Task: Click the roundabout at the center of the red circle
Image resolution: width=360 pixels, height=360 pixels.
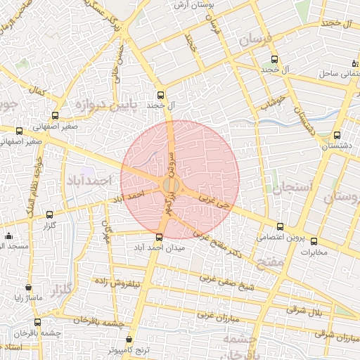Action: [x=170, y=186]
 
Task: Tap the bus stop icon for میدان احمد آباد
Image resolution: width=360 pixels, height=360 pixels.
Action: [x=158, y=237]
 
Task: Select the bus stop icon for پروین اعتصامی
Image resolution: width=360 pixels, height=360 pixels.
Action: [x=281, y=226]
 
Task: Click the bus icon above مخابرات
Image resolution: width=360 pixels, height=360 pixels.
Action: [x=313, y=239]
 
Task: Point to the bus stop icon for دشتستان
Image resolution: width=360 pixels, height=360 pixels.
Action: [x=336, y=135]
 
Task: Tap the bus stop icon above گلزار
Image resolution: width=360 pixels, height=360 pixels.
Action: [x=49, y=215]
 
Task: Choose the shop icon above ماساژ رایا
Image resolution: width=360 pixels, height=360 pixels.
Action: [x=28, y=287]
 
